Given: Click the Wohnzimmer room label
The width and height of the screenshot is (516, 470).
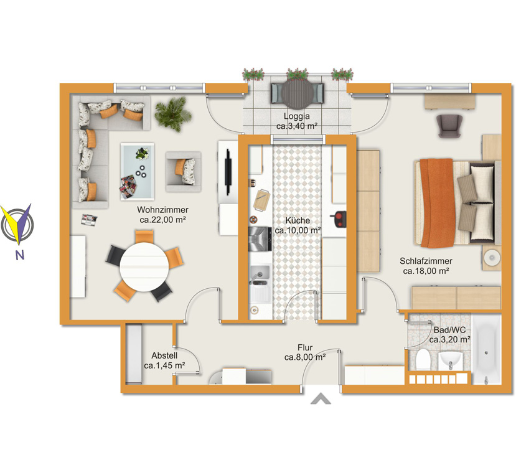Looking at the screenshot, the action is point(162,210).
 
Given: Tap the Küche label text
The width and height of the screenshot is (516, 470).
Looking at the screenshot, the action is point(298,220).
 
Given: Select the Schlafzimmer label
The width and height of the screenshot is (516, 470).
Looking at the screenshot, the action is point(426,261).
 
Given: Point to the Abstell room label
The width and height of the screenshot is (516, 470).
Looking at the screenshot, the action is point(164,355).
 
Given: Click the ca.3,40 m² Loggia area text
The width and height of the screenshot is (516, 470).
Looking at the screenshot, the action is point(297,126).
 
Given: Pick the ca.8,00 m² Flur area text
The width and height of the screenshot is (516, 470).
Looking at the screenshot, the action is point(305,357).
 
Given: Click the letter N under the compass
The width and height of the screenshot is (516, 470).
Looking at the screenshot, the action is point(20,255).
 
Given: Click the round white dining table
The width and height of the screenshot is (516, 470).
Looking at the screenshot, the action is point(144,266).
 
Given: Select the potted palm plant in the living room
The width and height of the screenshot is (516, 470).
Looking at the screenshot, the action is point(173,114).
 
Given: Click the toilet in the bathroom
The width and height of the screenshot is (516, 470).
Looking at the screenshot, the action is point(423,360).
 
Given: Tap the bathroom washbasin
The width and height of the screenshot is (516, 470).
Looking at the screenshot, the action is point(451,360).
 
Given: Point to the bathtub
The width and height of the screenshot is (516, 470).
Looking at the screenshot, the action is point(487,349).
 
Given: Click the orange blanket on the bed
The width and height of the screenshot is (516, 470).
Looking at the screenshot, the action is point(437,203).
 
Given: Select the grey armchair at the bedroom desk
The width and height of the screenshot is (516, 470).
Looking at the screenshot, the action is point(449,126).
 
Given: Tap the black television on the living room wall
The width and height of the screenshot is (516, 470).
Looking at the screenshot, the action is point(228,172).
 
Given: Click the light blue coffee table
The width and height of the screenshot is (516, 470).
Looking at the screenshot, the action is point(137,171).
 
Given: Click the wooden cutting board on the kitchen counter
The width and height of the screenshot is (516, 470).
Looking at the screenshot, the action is point(261,199).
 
